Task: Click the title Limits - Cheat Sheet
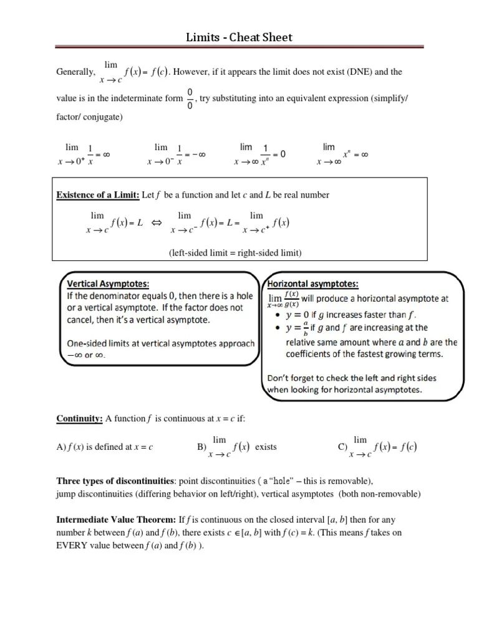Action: [239, 37]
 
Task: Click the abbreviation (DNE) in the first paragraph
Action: [331, 72]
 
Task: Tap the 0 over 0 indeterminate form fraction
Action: [190, 98]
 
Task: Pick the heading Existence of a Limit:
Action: [99, 195]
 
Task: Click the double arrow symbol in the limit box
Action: [157, 222]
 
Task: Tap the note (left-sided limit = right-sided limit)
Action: [235, 252]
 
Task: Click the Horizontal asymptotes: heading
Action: [313, 284]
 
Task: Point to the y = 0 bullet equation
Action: [302, 314]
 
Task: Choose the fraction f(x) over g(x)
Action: [291, 299]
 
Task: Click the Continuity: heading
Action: [80, 419]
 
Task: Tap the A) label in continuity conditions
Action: [60, 447]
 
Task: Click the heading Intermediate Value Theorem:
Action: [117, 519]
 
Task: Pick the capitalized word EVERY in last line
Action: [73, 545]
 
